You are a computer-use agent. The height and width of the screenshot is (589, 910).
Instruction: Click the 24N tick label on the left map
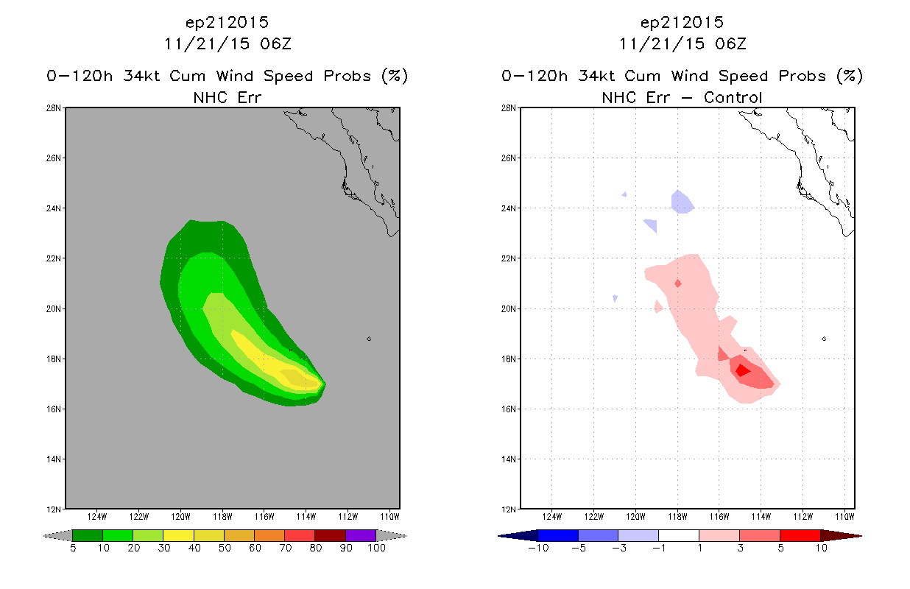(x=53, y=208)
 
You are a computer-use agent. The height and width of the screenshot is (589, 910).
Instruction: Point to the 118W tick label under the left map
(x=222, y=517)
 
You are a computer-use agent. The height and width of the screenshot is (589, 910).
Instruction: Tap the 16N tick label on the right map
(x=508, y=409)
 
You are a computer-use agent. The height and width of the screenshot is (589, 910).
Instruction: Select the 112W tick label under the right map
(x=803, y=517)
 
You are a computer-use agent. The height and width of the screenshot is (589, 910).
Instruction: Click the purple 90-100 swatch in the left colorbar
(x=361, y=535)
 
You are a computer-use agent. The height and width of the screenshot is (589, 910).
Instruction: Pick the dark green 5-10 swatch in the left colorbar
(x=88, y=535)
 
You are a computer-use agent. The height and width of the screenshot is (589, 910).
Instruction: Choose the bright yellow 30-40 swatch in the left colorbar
(x=178, y=535)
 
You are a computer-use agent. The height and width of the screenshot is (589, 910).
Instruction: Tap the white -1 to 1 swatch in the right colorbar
(x=678, y=535)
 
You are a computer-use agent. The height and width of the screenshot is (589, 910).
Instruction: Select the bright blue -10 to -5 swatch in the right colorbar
(x=558, y=535)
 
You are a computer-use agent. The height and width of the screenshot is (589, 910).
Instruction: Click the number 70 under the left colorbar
(x=285, y=548)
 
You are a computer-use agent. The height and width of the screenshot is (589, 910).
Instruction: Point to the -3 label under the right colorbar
(x=618, y=548)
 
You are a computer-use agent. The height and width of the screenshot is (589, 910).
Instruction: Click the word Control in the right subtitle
(x=733, y=97)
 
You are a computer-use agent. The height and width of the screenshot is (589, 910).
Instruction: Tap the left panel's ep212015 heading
(x=227, y=23)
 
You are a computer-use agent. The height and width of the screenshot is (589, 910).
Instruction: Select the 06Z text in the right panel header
(x=730, y=44)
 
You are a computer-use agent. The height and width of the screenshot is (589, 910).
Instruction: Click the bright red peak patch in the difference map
(x=743, y=370)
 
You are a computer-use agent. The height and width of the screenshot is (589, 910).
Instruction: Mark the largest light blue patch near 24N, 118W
(x=682, y=202)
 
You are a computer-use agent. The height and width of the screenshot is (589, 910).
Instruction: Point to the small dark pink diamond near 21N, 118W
(x=678, y=283)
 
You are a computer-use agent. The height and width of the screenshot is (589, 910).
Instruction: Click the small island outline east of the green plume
(x=369, y=339)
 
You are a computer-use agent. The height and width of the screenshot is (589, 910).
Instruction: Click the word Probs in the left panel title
(x=348, y=76)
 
